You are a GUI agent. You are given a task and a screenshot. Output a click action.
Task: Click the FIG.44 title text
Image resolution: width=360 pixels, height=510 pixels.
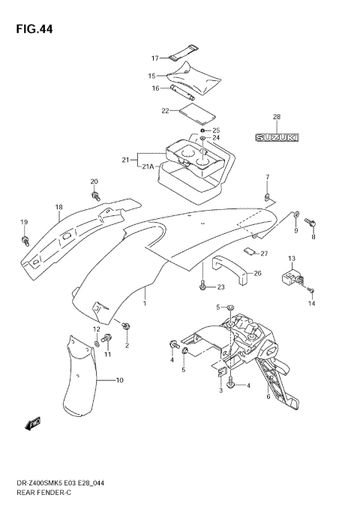point(31,28)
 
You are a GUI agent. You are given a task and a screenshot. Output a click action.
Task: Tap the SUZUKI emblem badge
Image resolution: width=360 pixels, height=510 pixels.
point(276,138)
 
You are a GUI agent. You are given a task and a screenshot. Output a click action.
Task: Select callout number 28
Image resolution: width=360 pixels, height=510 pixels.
point(276,117)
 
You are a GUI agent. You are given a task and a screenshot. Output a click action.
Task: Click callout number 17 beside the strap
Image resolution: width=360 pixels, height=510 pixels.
point(154,58)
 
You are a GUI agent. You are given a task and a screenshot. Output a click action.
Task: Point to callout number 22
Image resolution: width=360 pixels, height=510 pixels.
point(165,111)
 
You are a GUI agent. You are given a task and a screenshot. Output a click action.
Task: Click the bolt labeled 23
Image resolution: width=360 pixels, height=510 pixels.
point(202,286)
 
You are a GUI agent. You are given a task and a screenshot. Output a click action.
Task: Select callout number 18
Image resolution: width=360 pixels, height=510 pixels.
point(58,207)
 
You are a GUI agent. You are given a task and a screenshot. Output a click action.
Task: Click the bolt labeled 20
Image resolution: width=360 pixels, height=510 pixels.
point(96,196)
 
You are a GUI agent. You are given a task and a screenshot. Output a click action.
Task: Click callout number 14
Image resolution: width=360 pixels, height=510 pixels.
point(313,304)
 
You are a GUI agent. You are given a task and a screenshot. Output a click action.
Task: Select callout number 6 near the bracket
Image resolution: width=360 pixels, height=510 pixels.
point(268,397)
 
